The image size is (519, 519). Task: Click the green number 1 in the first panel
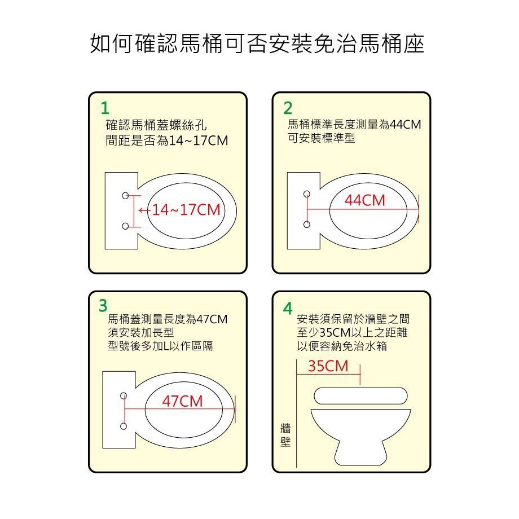(105, 108)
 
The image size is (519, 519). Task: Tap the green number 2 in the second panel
(288, 108)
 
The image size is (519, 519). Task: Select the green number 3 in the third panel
(103, 306)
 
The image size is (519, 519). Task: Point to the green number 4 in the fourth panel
(288, 309)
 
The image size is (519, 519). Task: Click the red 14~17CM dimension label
(186, 210)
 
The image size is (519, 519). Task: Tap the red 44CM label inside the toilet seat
(365, 200)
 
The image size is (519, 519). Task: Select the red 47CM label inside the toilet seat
(182, 401)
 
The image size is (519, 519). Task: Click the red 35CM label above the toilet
(328, 366)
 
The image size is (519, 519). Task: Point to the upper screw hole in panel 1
(125, 196)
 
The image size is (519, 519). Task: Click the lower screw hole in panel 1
(125, 226)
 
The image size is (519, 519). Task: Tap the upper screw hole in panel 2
(307, 194)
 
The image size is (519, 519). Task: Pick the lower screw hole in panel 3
(124, 426)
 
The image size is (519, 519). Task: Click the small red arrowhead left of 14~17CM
(140, 210)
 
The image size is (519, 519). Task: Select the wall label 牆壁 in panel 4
(285, 435)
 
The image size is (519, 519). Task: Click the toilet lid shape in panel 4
(360, 396)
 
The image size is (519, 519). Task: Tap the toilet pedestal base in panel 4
(361, 453)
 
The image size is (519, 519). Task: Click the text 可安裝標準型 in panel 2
(321, 138)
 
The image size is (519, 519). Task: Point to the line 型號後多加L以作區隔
(160, 346)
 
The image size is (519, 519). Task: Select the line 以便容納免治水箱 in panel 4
(342, 346)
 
